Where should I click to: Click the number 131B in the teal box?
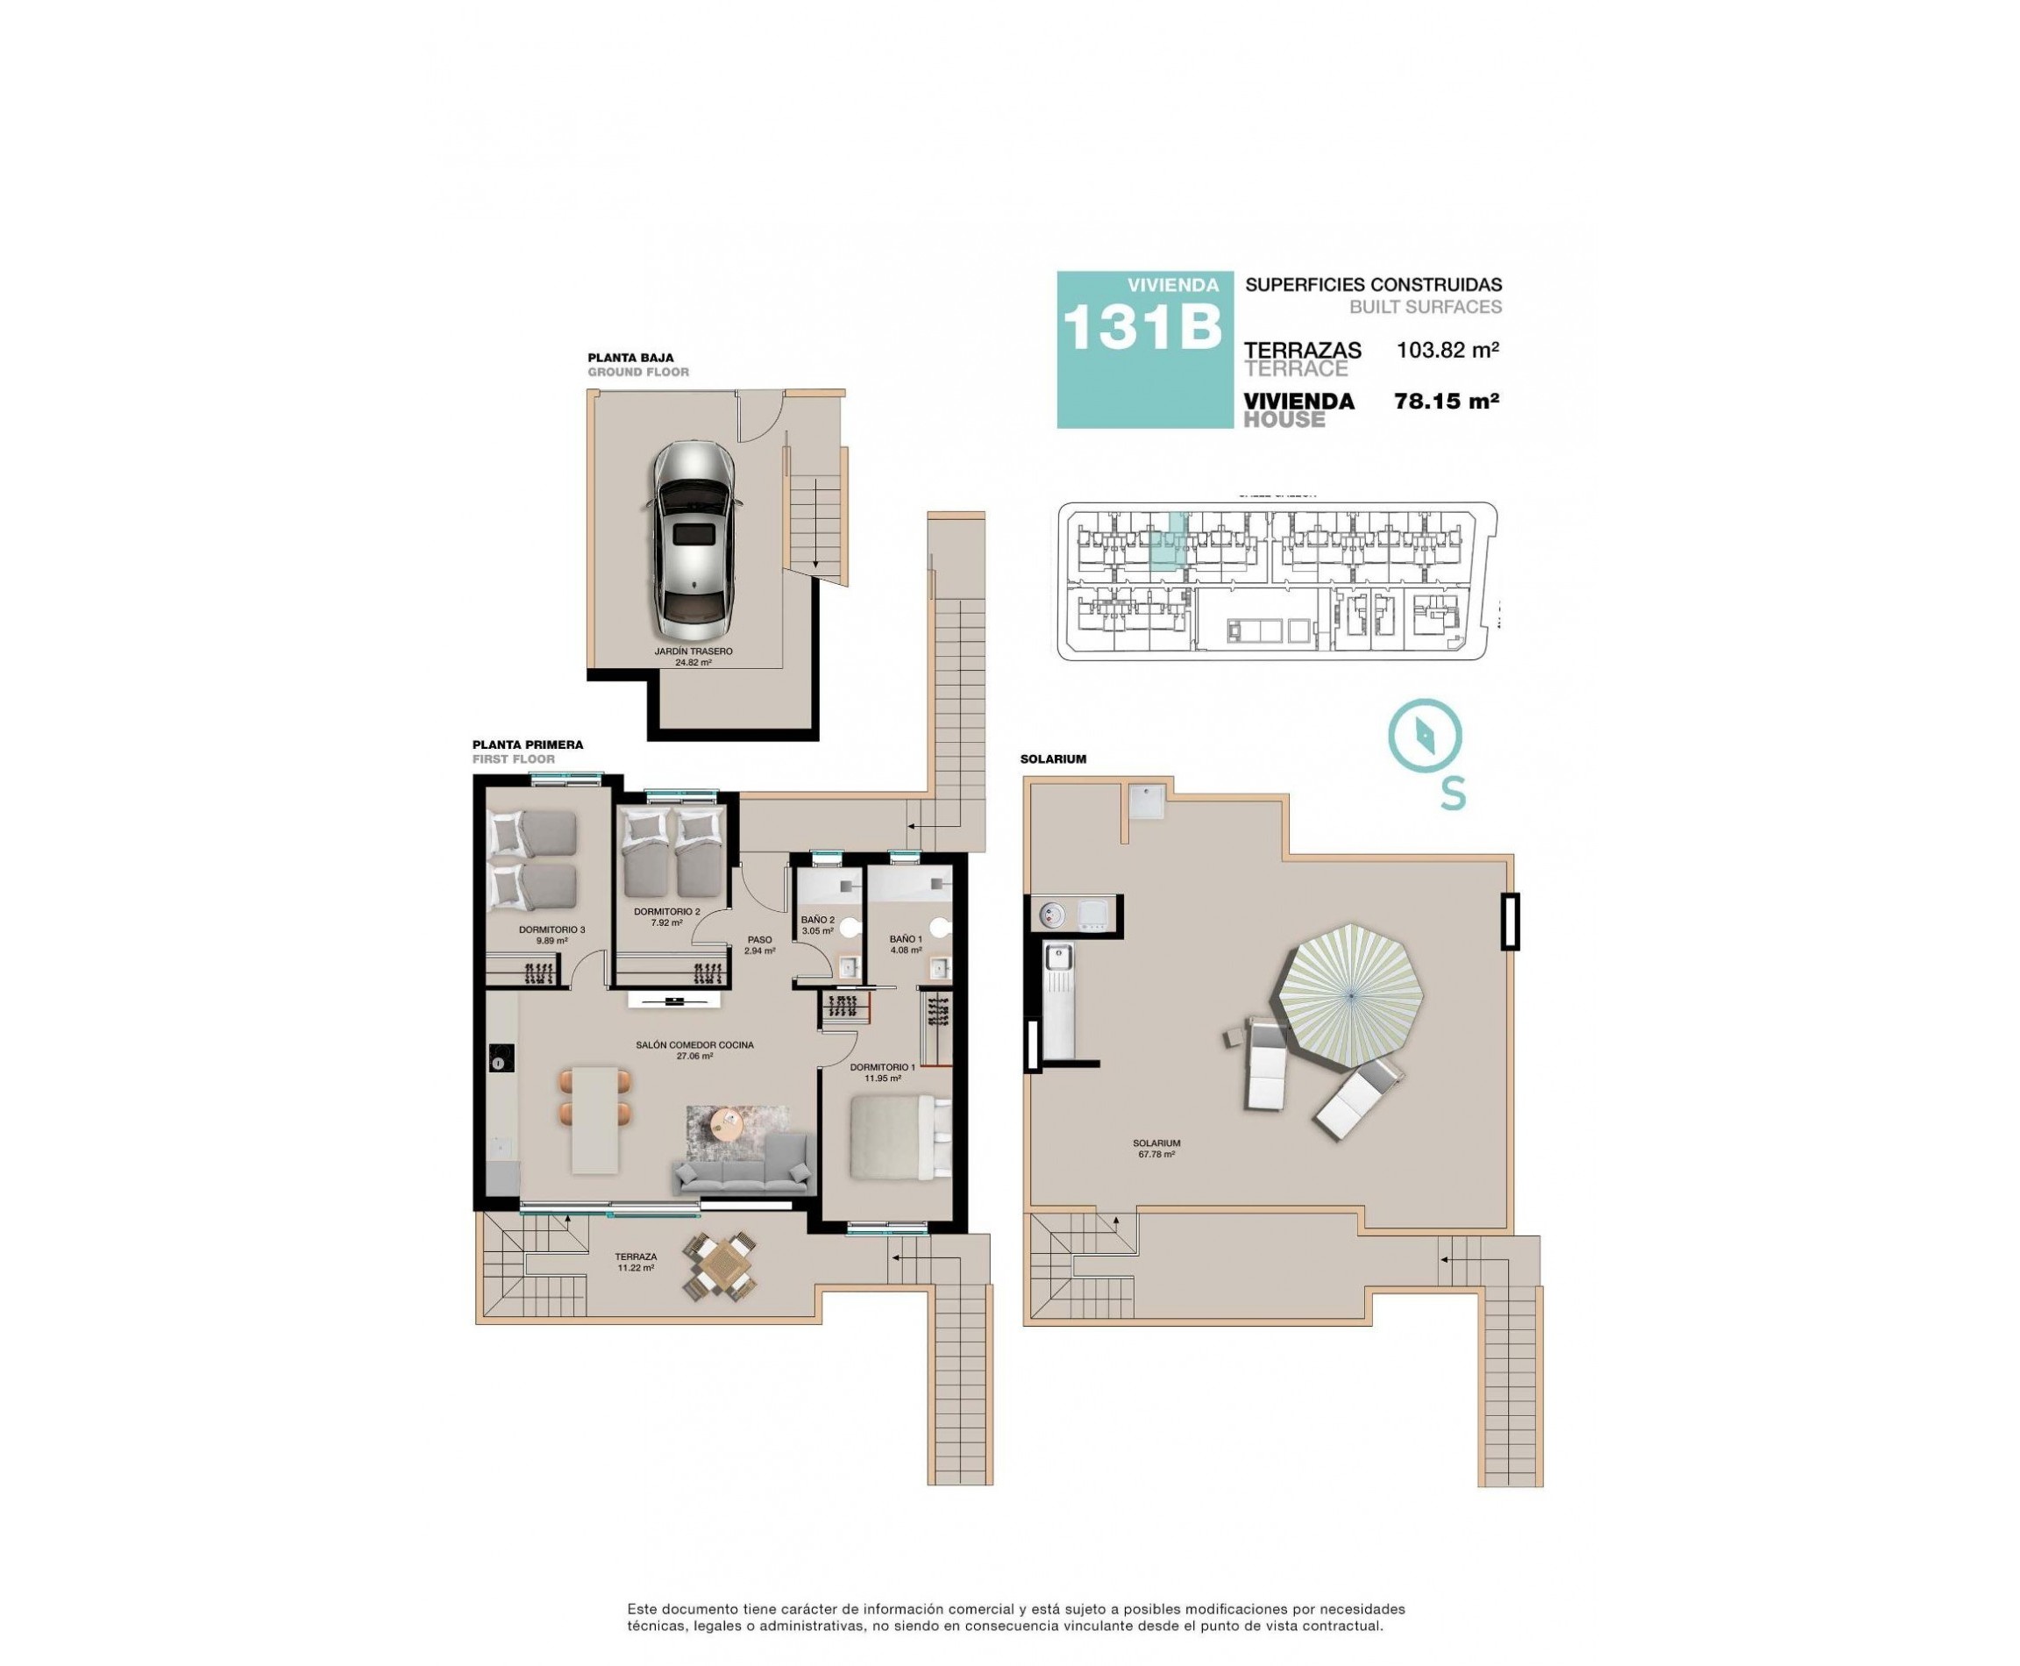1141,327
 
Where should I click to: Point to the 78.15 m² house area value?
1446,401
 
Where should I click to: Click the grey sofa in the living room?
743,1164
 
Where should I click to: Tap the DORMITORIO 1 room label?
882,1067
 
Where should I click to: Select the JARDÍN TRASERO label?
693,651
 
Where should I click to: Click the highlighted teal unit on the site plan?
1168,542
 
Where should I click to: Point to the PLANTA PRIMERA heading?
527,744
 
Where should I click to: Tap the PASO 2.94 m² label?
759,945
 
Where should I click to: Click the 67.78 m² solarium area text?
1156,1155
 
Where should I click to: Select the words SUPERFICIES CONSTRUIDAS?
1372,285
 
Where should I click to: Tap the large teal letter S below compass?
1453,793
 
